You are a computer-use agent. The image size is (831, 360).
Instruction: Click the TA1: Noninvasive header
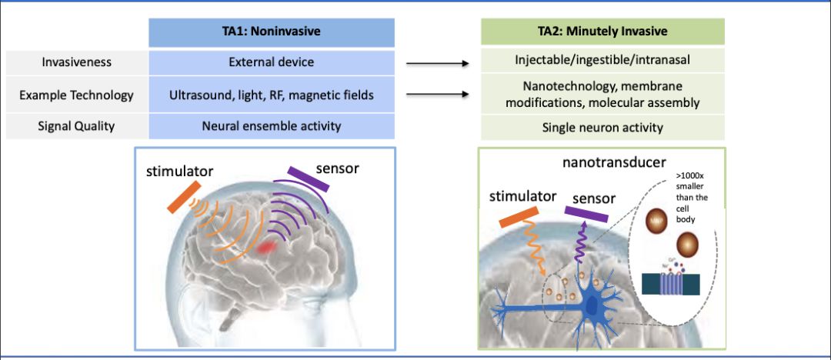272,32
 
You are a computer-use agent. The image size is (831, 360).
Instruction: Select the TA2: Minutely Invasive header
602,32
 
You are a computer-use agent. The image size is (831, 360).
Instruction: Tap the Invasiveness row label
76,62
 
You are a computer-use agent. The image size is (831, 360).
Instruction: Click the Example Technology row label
76,95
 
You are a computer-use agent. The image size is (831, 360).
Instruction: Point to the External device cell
272,62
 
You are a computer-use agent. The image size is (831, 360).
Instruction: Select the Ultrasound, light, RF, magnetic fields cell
272,95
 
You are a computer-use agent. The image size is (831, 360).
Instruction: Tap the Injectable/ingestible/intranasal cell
602,60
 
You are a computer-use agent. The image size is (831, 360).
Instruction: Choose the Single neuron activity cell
602,128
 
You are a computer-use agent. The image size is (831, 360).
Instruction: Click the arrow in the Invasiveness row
437,65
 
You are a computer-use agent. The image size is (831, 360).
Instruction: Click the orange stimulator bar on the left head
184,196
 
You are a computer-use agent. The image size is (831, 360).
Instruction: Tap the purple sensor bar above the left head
308,179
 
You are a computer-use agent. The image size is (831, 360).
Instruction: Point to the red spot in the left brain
267,247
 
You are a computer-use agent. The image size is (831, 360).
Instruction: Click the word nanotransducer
602,163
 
